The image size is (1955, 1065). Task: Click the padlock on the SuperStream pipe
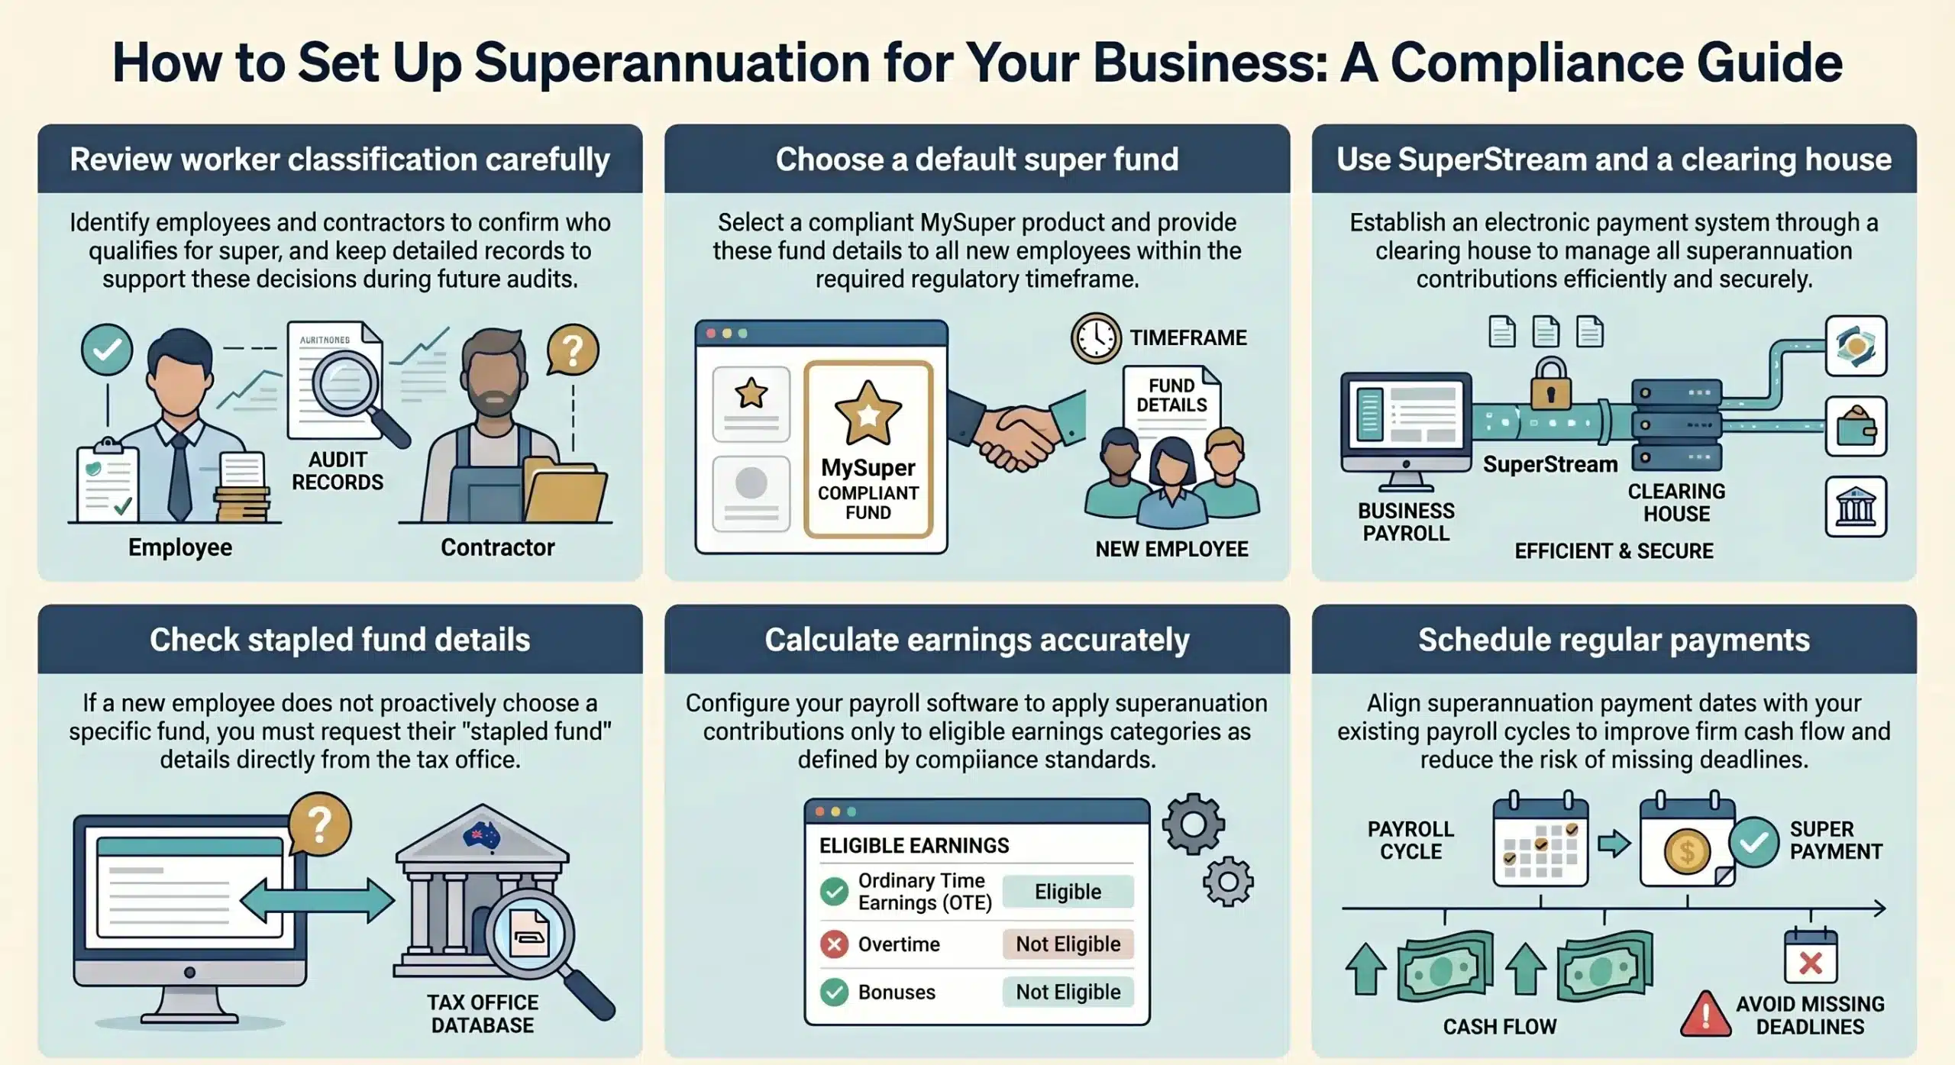pos(1549,386)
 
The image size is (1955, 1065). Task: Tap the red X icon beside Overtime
pos(834,945)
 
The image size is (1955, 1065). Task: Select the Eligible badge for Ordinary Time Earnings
pos(1068,892)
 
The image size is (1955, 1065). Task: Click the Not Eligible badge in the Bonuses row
pos(1068,992)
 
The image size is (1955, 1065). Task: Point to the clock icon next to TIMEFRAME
pos(1096,337)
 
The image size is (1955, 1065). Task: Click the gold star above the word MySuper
pos(868,413)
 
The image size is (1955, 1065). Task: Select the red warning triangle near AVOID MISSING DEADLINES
pos(1705,1015)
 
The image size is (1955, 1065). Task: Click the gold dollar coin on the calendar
pos(1687,851)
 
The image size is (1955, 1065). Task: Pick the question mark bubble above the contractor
pos(572,350)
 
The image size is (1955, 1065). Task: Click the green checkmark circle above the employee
pos(107,349)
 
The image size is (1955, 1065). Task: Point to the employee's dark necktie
pos(179,477)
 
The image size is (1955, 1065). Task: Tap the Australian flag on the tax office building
pos(481,836)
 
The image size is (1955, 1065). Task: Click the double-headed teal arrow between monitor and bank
pos(317,901)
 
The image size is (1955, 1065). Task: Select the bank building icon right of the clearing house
pos(1856,507)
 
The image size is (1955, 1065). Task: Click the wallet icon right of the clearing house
pos(1856,426)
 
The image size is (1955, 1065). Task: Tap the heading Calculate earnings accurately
pos(977,640)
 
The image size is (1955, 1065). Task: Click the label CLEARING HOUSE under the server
pos(1676,502)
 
